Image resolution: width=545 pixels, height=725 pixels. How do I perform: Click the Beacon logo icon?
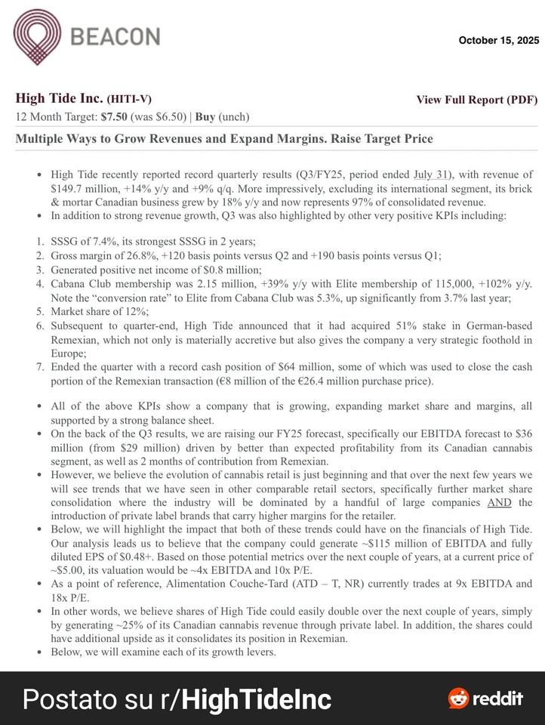(x=36, y=36)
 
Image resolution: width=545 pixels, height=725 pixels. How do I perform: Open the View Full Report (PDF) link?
(x=476, y=100)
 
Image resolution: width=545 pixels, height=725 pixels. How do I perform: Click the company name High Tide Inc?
(x=59, y=99)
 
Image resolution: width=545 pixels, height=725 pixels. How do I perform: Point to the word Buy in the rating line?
(x=205, y=117)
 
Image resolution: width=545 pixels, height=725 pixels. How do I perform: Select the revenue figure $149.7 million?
(x=90, y=188)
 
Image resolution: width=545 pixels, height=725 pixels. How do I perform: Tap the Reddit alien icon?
(x=458, y=699)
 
